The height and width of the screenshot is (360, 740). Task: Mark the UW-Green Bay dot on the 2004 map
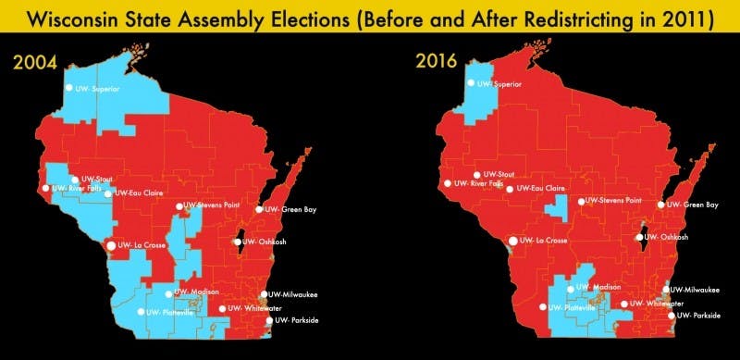click(x=260, y=209)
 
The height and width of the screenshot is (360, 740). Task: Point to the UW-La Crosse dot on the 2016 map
click(x=513, y=242)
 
